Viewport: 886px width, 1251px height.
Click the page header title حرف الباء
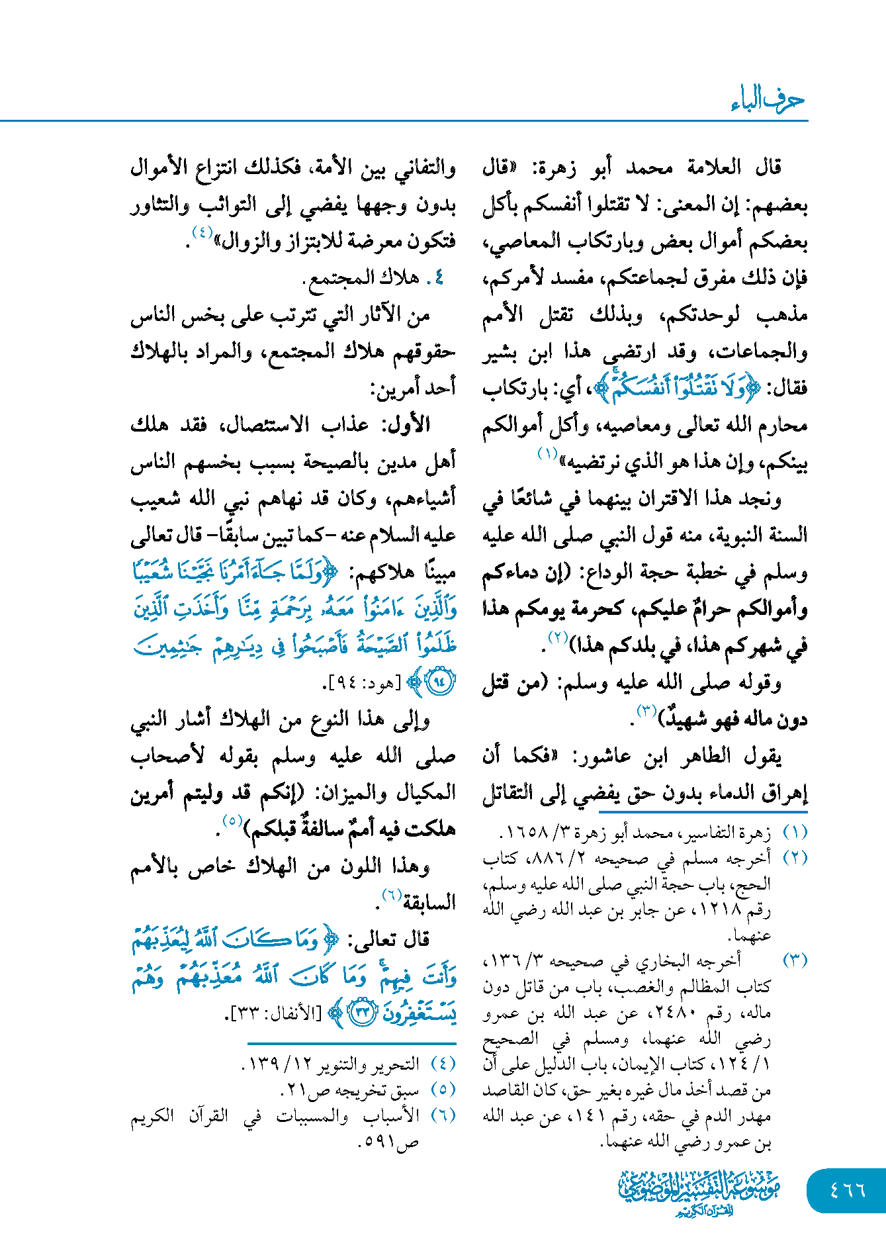point(768,100)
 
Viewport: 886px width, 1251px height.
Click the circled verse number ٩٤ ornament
point(440,682)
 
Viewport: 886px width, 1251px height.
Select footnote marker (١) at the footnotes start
point(795,832)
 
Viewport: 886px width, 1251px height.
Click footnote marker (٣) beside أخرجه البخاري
point(795,960)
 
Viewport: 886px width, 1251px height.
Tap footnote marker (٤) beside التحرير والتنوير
point(443,1064)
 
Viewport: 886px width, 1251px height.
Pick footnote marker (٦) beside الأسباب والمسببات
point(443,1115)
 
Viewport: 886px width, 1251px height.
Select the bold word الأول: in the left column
point(404,424)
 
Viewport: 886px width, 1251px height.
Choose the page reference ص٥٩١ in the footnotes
point(388,1142)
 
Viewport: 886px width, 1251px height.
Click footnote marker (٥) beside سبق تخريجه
point(443,1089)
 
